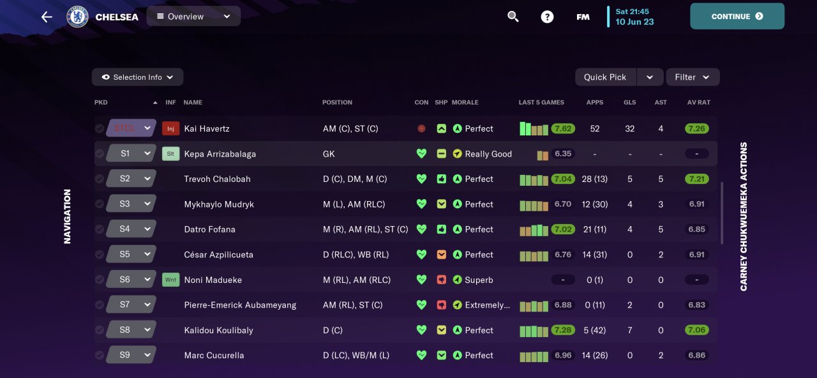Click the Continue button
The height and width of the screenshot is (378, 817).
pyautogui.click(x=737, y=17)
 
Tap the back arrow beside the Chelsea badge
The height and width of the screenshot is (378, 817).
pyautogui.click(x=47, y=17)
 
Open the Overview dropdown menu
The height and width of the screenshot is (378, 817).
pyautogui.click(x=193, y=17)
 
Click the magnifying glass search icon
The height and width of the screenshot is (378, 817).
pyautogui.click(x=513, y=17)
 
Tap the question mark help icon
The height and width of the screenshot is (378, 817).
pyautogui.click(x=547, y=17)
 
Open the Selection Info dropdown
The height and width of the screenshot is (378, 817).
pyautogui.click(x=137, y=77)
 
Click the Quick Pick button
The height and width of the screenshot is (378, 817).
pyautogui.click(x=604, y=77)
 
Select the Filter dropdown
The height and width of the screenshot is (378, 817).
pyautogui.click(x=693, y=77)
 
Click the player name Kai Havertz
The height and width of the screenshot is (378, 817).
pyautogui.click(x=207, y=129)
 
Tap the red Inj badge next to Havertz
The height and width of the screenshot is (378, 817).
pyautogui.click(x=170, y=129)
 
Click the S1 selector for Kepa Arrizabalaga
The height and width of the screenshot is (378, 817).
pyautogui.click(x=131, y=154)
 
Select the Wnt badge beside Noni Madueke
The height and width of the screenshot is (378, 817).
pyautogui.click(x=170, y=280)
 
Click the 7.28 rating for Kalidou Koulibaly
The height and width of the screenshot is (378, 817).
pyautogui.click(x=562, y=330)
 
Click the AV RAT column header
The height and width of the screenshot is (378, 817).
pyautogui.click(x=698, y=102)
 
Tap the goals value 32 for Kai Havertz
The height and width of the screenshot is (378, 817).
pyautogui.click(x=629, y=129)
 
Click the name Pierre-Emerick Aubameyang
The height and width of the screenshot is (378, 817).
pyautogui.click(x=240, y=305)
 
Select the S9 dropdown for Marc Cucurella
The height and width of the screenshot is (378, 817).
pyautogui.click(x=131, y=355)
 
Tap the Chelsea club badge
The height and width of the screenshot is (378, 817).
pyautogui.click(x=77, y=17)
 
